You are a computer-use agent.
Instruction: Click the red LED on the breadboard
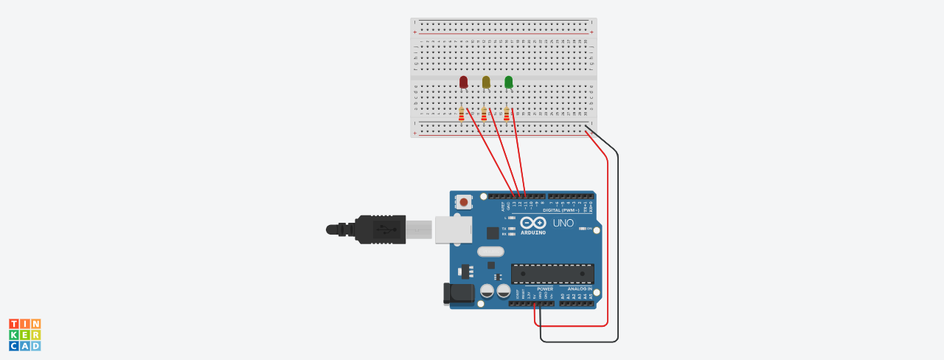click(463, 81)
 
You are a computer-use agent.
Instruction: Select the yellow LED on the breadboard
click(486, 81)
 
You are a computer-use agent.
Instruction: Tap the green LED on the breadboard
click(508, 81)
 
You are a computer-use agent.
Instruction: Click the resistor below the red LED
click(461, 114)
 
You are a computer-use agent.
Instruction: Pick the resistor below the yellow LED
click(484, 114)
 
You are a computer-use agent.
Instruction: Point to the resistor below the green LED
click(507, 114)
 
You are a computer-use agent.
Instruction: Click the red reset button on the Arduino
click(463, 201)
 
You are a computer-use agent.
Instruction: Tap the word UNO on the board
click(563, 223)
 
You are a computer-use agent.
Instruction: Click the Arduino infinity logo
click(533, 222)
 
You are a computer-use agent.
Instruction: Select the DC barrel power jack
click(457, 293)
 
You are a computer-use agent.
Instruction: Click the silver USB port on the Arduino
click(453, 229)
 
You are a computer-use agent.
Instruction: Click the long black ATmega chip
click(552, 274)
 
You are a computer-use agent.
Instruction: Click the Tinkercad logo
click(25, 335)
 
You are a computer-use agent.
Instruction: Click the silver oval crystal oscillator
click(490, 252)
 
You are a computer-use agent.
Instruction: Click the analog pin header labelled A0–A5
click(577, 303)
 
